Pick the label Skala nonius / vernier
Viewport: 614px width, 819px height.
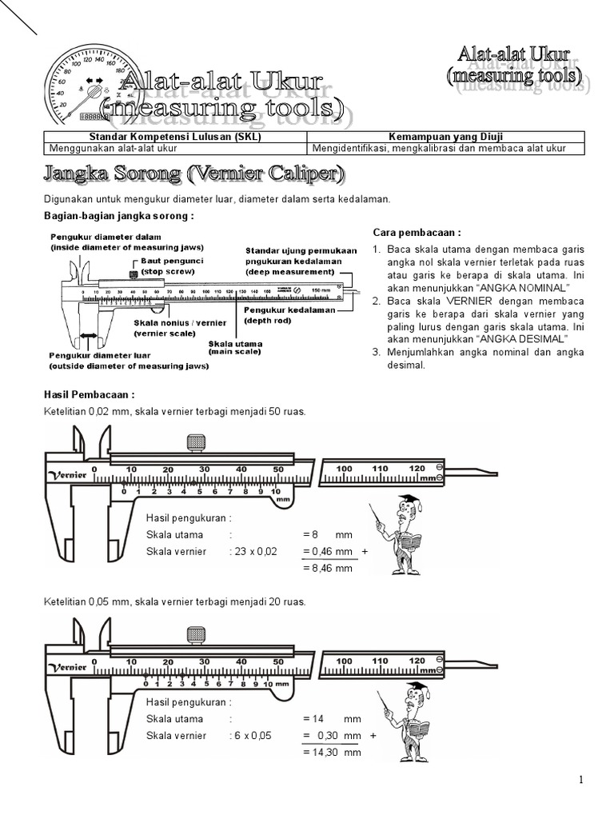click(180, 326)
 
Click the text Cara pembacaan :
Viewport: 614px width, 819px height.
click(417, 232)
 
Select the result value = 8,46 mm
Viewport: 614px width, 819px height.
click(329, 569)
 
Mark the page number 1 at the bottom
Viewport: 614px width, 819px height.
click(581, 780)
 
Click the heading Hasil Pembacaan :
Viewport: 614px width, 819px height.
click(88, 395)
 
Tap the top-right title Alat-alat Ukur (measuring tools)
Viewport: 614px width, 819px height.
click(514, 66)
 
